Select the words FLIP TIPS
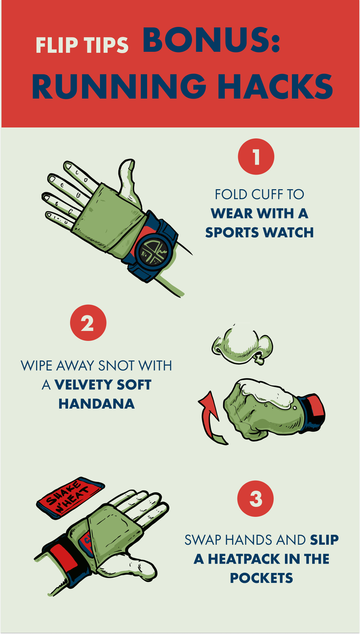pos(82,45)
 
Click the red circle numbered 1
pos(256,157)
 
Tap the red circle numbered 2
pos(88,323)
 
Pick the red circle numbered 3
pos(255,499)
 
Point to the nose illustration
pos(242,345)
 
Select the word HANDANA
pos(97,404)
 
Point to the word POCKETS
pos(261,578)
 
